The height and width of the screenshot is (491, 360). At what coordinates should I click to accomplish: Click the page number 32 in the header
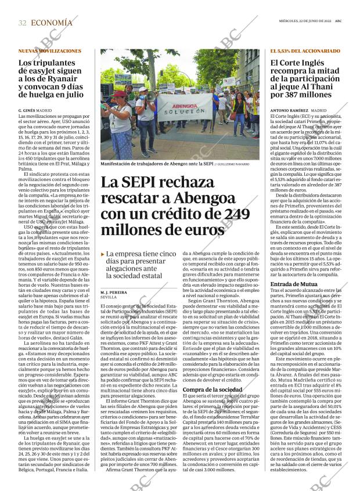tap(23, 23)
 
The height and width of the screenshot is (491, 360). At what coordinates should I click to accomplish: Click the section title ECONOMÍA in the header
tap(52, 23)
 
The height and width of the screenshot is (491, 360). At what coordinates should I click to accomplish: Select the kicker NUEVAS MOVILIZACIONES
tap(50, 51)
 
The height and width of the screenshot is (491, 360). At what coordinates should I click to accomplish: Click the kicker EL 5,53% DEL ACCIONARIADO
tap(305, 51)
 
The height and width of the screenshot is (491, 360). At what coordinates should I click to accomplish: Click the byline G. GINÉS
tap(27, 110)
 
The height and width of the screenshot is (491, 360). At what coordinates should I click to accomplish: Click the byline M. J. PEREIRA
tap(114, 293)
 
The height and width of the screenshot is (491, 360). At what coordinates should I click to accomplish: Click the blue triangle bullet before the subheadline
tap(103, 254)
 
